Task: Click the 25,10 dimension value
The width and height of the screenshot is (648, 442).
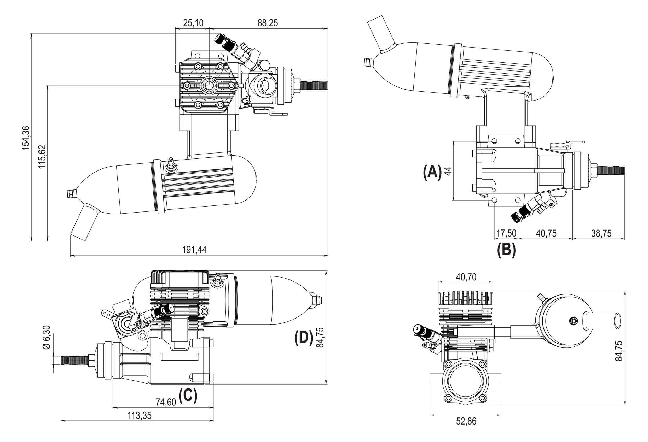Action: [193, 23]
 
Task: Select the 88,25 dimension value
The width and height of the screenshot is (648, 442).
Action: [267, 23]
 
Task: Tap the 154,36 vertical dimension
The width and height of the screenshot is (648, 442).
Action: [26, 138]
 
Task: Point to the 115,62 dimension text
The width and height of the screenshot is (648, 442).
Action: [42, 157]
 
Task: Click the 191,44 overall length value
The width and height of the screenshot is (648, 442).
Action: [194, 250]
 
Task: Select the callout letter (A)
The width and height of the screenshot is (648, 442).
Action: [432, 172]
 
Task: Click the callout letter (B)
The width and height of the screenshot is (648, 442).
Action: [507, 250]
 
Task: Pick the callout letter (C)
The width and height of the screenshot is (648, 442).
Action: [188, 396]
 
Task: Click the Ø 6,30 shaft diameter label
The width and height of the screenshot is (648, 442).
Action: [46, 337]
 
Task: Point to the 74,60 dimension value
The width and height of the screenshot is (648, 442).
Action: [166, 402]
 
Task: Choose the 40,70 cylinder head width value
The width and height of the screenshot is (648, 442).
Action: [466, 277]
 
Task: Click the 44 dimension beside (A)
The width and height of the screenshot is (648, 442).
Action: [448, 171]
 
